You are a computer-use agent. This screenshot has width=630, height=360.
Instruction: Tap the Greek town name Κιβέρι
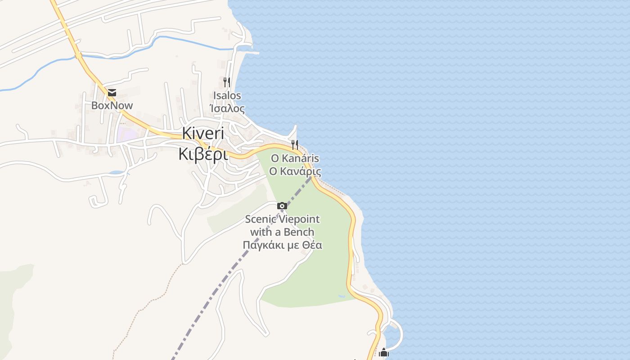click(203, 154)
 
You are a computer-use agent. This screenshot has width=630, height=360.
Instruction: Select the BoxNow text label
click(112, 106)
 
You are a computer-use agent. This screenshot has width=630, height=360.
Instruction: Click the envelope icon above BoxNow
click(112, 93)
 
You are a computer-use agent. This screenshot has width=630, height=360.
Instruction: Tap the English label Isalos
click(227, 95)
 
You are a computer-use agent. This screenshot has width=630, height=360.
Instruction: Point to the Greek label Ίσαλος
click(227, 108)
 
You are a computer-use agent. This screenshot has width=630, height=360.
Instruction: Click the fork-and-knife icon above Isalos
click(227, 82)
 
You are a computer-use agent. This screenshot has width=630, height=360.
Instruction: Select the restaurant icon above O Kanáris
click(295, 144)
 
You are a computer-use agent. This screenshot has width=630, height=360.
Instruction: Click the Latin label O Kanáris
click(295, 158)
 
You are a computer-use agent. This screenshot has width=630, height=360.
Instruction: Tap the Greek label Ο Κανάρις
click(295, 171)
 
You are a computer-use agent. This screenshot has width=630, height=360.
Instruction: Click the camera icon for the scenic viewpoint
click(282, 206)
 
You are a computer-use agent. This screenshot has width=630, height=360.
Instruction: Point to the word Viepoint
click(299, 220)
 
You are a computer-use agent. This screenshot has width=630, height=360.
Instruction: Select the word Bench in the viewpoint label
click(299, 232)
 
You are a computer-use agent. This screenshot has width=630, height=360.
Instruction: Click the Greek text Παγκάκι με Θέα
click(282, 245)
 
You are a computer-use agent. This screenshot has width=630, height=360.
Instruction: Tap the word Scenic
click(260, 220)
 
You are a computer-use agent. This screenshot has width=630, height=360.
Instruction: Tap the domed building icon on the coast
click(383, 352)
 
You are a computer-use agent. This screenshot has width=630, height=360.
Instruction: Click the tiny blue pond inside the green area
click(342, 296)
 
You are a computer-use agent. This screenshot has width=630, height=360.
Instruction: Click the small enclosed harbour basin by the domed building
click(392, 336)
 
